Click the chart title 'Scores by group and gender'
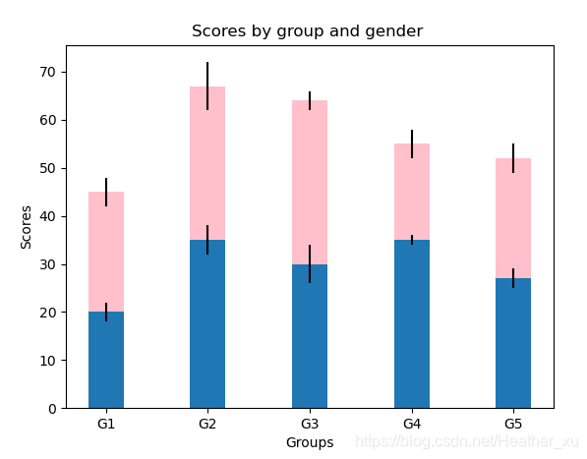coord(308,31)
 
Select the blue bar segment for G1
coord(106,360)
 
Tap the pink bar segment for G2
coord(207,163)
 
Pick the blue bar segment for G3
coord(310,336)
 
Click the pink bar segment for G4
coord(412,192)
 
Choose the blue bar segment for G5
coord(513,343)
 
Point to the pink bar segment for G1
coord(106,252)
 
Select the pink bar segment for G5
coord(513,218)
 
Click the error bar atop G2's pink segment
coord(207,86)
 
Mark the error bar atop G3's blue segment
coord(310,263)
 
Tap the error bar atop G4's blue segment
coord(412,240)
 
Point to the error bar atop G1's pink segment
coord(106,192)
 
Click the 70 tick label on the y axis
coord(47,72)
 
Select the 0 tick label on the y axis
coord(52,409)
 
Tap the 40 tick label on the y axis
coord(47,216)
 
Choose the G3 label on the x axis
coord(310,424)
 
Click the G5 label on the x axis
coord(513,424)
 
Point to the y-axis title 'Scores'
coord(26,227)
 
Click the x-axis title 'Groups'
coord(310,443)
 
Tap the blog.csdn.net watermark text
coord(467,441)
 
